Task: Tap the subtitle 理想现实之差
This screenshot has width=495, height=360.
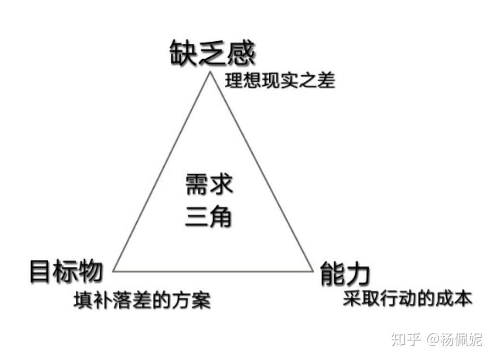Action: coord(280,81)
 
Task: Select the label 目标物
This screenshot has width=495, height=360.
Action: coord(66,271)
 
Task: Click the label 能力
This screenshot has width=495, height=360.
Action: coord(345,274)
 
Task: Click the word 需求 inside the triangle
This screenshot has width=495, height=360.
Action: coord(209,185)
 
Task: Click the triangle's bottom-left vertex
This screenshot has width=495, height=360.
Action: coord(113,271)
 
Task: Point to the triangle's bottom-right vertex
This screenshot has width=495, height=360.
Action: coord(313,271)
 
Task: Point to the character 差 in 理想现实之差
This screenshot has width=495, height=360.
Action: coord(327,81)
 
